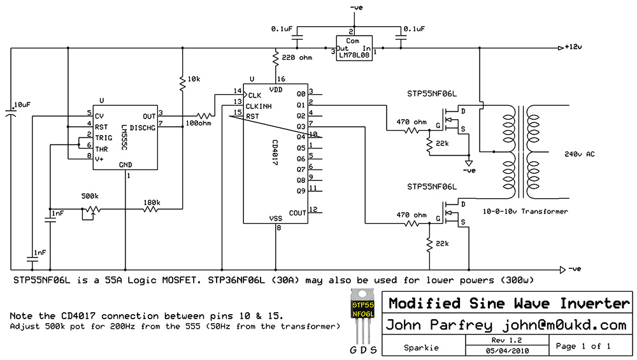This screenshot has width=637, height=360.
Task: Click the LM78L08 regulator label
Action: (354, 55)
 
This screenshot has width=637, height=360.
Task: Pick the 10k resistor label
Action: (194, 79)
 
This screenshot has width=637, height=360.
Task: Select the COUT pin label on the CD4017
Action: (297, 213)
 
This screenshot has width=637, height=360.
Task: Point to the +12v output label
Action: (575, 48)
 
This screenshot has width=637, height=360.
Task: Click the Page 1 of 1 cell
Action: (583, 346)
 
